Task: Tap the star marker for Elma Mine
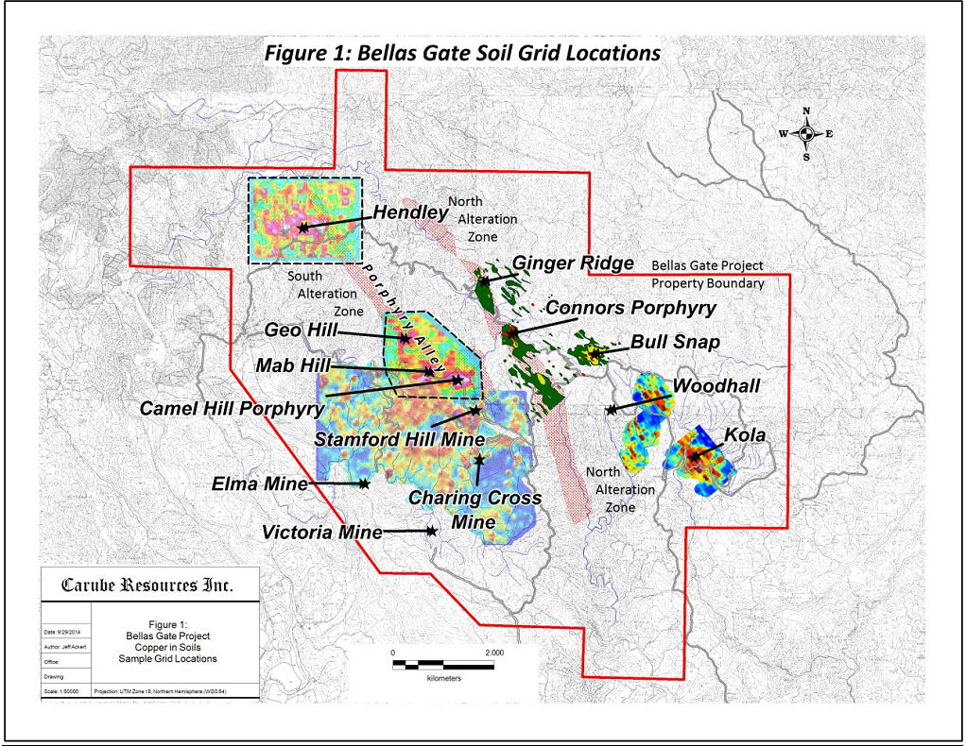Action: (x=365, y=484)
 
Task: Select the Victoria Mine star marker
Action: (x=431, y=532)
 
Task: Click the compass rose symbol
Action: (x=805, y=133)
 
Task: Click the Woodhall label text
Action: (x=716, y=386)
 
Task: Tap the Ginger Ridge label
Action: (x=572, y=263)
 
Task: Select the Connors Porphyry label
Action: (x=631, y=308)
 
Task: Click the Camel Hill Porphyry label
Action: (x=232, y=409)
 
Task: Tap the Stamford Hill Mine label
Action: (x=400, y=439)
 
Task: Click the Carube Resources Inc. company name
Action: (x=147, y=585)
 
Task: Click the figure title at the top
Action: (x=462, y=53)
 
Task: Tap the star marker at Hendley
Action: (x=302, y=228)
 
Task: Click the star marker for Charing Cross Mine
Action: (x=479, y=460)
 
